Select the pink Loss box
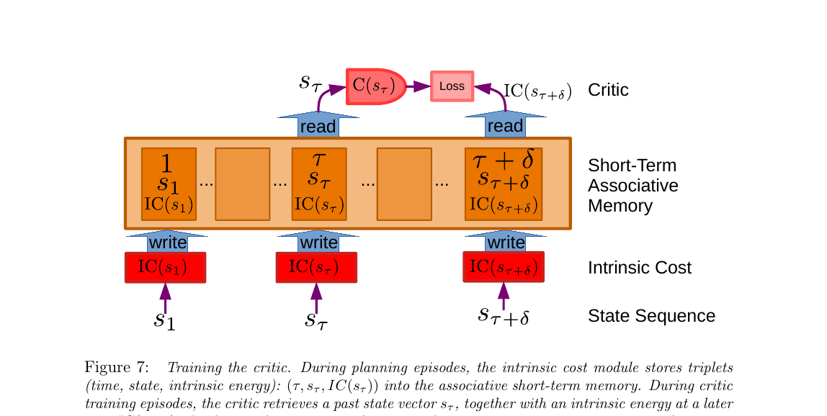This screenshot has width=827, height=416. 452,86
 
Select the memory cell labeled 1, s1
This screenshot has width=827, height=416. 167,184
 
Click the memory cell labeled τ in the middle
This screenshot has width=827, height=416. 319,184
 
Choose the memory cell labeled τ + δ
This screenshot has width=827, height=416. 504,184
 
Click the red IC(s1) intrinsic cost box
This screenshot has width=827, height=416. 165,268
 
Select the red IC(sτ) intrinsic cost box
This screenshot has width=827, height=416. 316,268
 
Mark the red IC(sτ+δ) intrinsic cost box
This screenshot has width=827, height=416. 504,268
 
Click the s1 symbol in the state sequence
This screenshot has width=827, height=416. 164,319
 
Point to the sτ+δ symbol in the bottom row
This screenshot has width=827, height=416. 504,315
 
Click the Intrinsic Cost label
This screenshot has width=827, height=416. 639,268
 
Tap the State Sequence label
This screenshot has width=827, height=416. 651,316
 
